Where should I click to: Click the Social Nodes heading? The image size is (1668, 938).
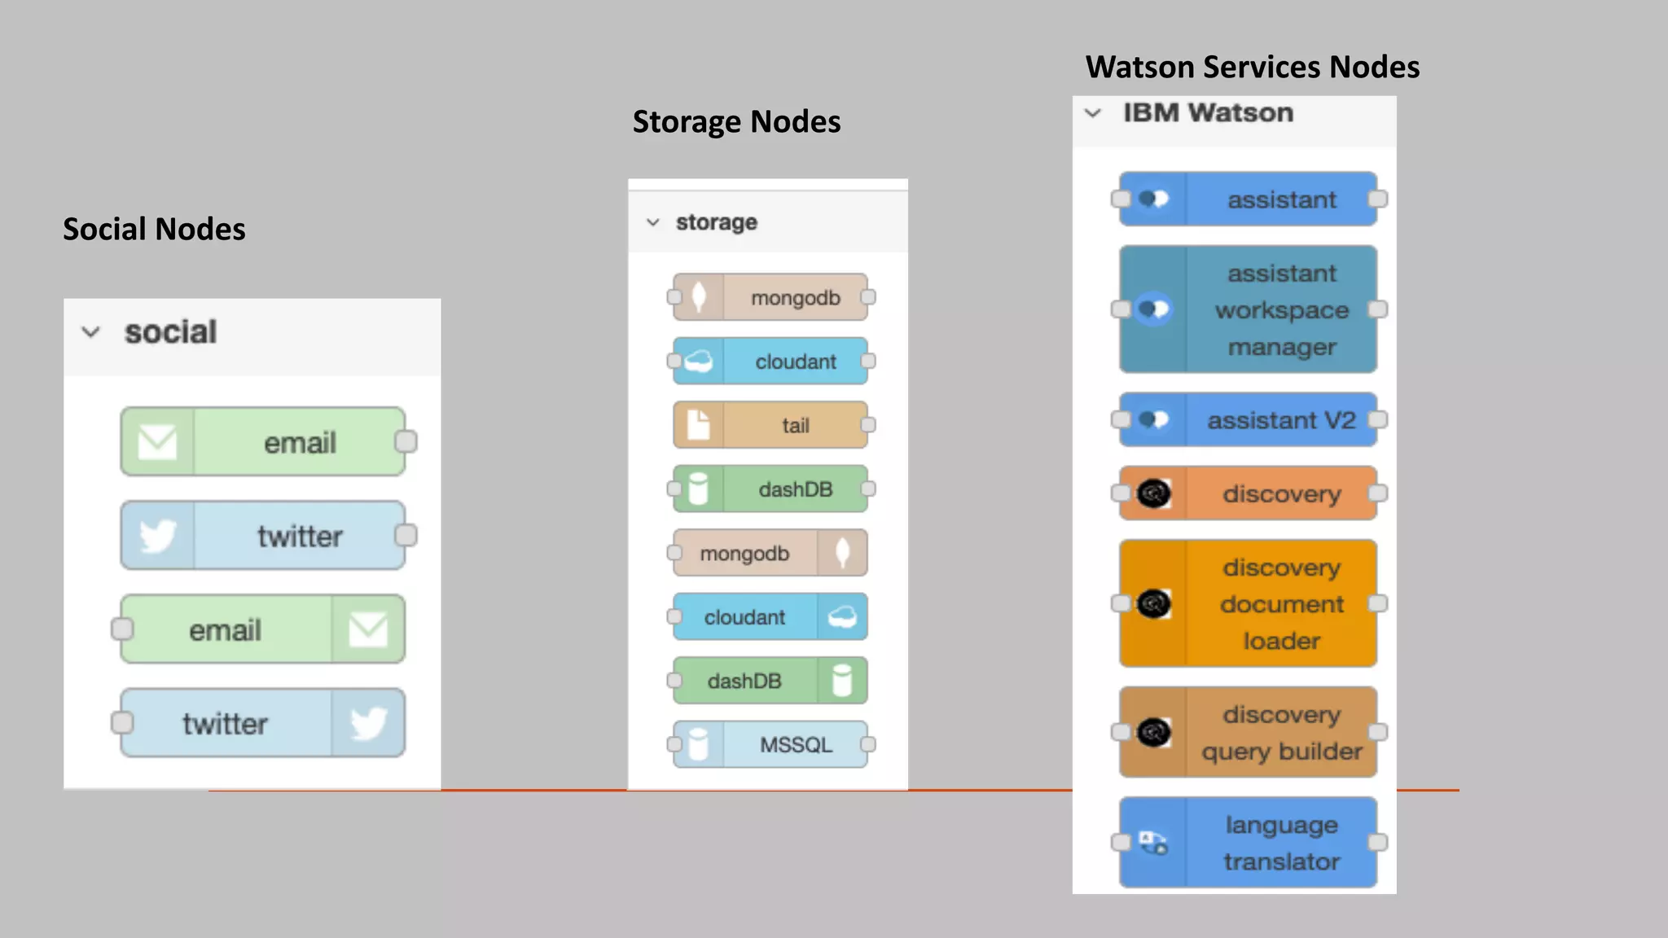154,230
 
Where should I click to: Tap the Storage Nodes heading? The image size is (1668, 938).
736,122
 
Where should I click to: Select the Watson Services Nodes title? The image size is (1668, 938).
1252,67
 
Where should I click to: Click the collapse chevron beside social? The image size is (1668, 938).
91,332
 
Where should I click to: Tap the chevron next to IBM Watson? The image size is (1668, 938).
1093,113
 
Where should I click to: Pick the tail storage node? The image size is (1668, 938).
770,425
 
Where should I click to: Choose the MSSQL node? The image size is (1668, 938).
770,744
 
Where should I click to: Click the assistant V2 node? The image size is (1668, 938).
1248,420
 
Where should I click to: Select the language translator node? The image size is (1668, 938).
1248,843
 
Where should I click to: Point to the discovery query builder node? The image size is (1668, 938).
1248,732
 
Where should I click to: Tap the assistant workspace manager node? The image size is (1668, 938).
1248,309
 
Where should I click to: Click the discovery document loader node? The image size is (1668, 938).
1248,603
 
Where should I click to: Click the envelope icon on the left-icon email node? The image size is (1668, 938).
157,442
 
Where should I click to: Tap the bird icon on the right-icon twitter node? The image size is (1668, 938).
368,723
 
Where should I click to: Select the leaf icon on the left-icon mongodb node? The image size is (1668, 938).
698,297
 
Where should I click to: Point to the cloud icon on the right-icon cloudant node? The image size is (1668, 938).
842,616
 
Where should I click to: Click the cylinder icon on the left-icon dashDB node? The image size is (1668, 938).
698,489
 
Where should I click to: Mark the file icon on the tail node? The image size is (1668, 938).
698,425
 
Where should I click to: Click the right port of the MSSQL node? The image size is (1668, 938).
868,744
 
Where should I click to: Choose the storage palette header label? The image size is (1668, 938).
716,222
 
